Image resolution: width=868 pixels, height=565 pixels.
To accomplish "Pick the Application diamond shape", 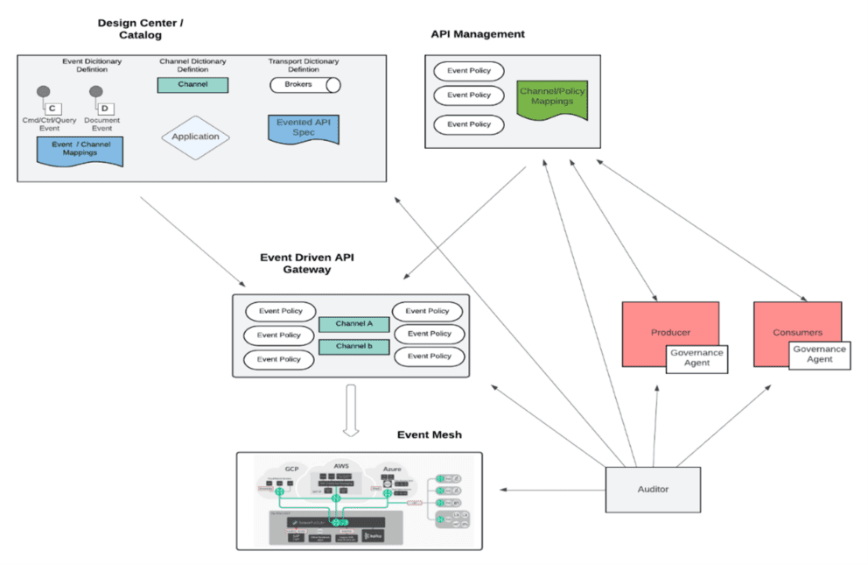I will coord(195,137).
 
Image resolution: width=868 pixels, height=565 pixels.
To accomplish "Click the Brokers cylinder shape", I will coord(304,85).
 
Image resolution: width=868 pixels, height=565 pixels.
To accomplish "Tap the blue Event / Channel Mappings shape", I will coord(80,150).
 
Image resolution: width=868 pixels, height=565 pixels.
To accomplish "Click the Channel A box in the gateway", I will coord(353,324).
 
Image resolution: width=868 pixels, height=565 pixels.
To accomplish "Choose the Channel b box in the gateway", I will coord(353,346).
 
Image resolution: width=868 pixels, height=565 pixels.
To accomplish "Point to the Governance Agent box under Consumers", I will coord(819,354).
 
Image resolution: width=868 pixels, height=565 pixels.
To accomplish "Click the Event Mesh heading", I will coord(429,434).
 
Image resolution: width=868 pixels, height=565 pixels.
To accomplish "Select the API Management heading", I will coord(478,34).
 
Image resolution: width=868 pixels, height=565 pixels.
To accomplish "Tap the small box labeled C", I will coord(52,108).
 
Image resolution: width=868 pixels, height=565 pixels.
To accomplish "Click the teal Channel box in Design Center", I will coord(192,85).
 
